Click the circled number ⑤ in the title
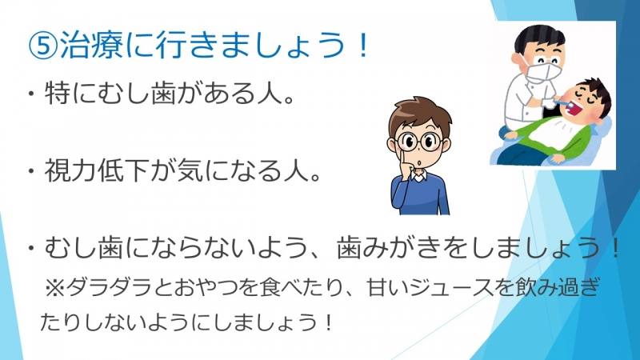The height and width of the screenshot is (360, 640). pos(43,46)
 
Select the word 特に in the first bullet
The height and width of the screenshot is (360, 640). pos(70,94)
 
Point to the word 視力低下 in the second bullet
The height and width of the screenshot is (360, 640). pos(96,170)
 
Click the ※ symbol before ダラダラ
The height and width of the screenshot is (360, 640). pos(54,288)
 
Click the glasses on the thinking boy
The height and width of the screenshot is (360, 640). pos(418,142)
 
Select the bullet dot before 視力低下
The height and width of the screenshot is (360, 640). pos(30,170)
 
